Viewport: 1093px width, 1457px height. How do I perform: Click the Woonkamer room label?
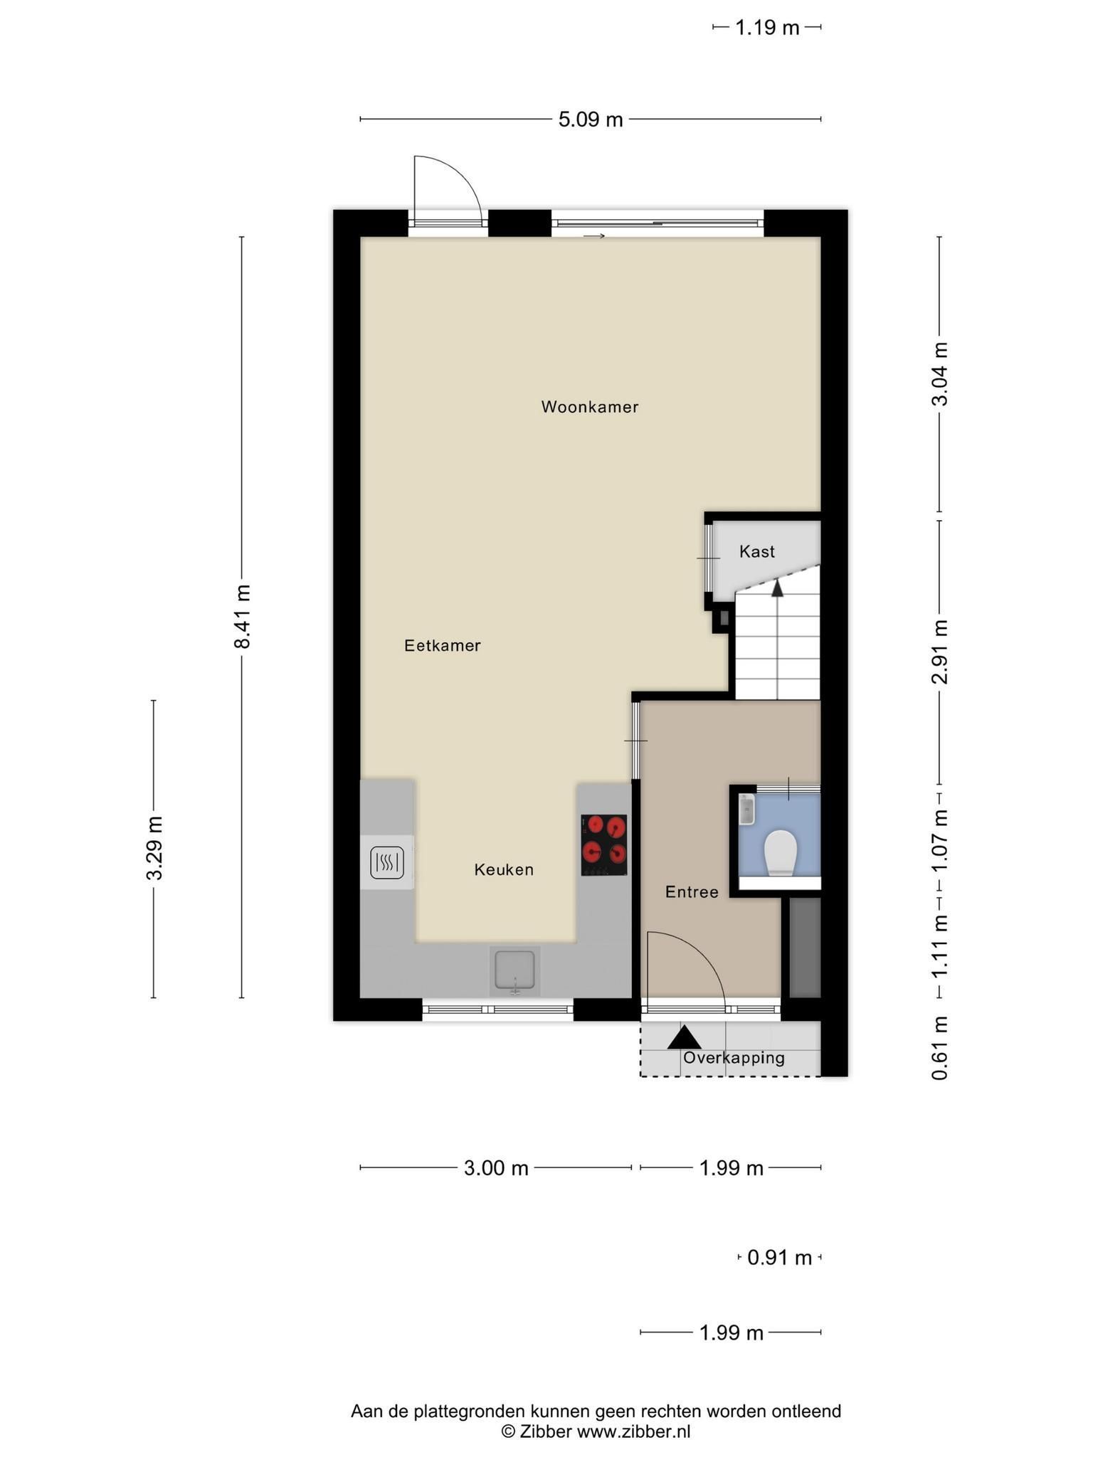pyautogui.click(x=589, y=407)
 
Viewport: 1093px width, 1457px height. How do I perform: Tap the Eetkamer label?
pyautogui.click(x=443, y=645)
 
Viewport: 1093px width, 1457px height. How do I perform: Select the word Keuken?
pyautogui.click(x=504, y=869)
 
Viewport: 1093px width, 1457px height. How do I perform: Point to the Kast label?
pyautogui.click(x=756, y=551)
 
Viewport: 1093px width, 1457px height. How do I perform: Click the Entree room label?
pyautogui.click(x=692, y=891)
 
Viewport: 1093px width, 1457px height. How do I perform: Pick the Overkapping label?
pyautogui.click(x=734, y=1058)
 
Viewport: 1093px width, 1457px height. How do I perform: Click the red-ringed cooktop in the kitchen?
pyautogui.click(x=604, y=844)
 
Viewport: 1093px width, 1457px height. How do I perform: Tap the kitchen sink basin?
pyautogui.click(x=514, y=970)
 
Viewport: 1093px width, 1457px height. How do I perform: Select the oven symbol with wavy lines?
pyautogui.click(x=387, y=864)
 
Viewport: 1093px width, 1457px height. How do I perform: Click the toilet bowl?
pyautogui.click(x=781, y=852)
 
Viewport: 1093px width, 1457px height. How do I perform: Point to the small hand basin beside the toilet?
pyautogui.click(x=746, y=810)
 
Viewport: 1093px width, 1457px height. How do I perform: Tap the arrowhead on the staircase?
pyautogui.click(x=777, y=588)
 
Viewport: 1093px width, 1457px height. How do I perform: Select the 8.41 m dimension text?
pyautogui.click(x=242, y=616)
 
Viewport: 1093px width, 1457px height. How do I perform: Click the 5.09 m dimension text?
pyautogui.click(x=591, y=119)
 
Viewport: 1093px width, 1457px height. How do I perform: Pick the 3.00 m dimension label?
pyautogui.click(x=496, y=1167)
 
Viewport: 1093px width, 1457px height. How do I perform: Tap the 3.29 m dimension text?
pyautogui.click(x=154, y=847)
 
